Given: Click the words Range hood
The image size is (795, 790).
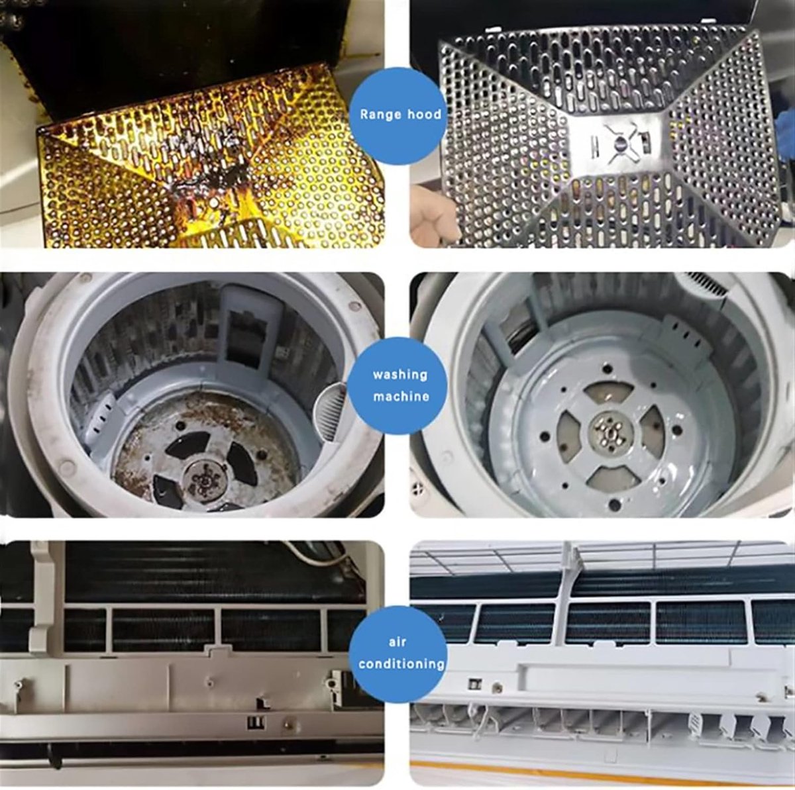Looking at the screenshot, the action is click(400, 115).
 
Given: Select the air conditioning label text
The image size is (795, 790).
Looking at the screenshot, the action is click(401, 653).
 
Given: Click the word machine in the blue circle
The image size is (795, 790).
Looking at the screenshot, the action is click(401, 397).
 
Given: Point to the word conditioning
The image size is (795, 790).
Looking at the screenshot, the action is click(401, 664).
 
